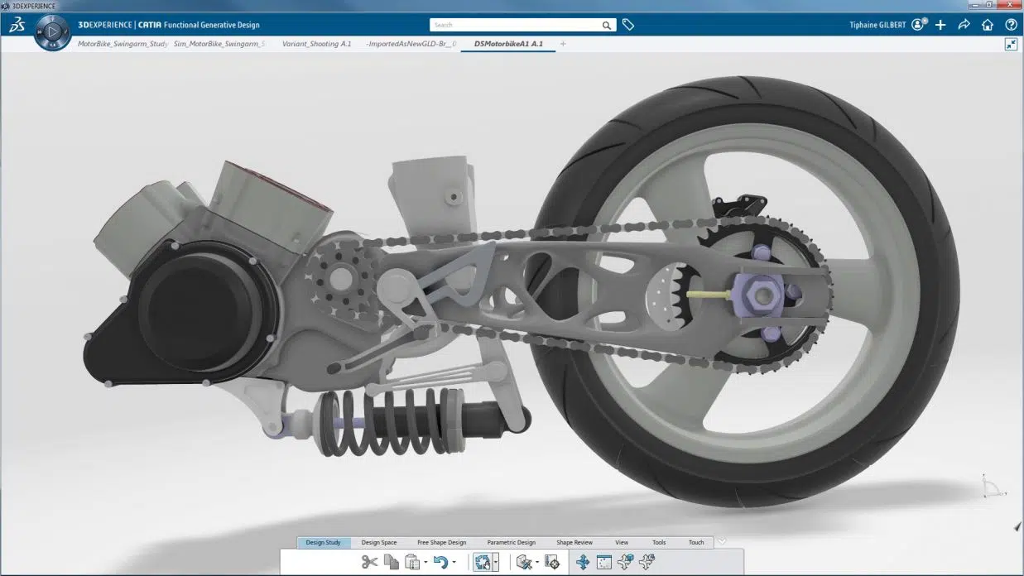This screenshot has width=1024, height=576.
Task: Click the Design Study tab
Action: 323,542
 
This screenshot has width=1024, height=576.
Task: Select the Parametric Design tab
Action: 511,542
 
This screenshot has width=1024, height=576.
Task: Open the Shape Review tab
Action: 574,542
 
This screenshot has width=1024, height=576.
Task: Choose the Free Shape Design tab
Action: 441,542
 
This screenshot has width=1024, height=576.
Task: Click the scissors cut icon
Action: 369,562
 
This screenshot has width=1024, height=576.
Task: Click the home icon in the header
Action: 987,25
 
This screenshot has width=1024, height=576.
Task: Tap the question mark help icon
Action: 1011,25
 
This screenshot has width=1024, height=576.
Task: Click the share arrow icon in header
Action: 964,25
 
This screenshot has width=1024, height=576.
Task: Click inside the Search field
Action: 513,25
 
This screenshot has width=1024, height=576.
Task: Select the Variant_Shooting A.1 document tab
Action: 316,43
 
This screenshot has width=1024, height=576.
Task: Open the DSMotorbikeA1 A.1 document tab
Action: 508,43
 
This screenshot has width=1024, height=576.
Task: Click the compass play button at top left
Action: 52,31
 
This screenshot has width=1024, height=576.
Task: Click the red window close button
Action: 1012,5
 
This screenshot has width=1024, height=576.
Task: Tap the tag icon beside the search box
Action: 628,25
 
